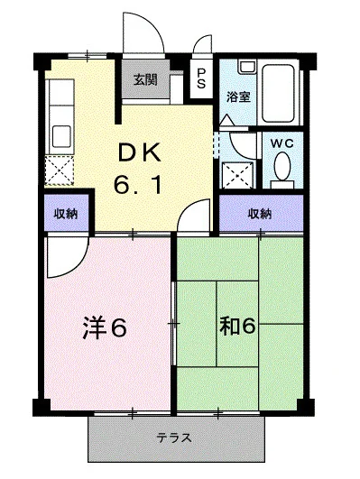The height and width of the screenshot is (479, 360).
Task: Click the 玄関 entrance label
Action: tap(145, 80)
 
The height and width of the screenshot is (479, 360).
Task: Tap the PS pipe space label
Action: tap(201, 78)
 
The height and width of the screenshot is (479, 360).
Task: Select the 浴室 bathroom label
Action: tap(239, 97)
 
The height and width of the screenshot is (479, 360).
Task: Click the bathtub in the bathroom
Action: tap(279, 93)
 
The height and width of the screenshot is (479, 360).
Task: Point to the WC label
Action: tap(282, 143)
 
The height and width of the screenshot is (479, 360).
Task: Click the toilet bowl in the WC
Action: tap(282, 166)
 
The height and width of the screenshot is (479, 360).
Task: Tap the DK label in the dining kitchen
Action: tap(139, 153)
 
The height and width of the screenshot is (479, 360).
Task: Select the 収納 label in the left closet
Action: tap(66, 214)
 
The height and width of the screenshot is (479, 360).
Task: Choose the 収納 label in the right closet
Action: tap(260, 214)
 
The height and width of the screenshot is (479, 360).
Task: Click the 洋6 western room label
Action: tap(105, 327)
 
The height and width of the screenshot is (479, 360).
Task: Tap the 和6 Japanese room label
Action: tap(237, 327)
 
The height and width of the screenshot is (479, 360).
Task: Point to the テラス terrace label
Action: tap(174, 438)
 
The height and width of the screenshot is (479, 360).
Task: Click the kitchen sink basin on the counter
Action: tap(61, 137)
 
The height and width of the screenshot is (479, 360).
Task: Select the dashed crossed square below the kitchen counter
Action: tap(60, 170)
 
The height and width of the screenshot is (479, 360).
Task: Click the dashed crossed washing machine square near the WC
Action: tap(238, 175)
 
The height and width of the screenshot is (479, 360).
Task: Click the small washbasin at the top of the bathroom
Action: tap(247, 67)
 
